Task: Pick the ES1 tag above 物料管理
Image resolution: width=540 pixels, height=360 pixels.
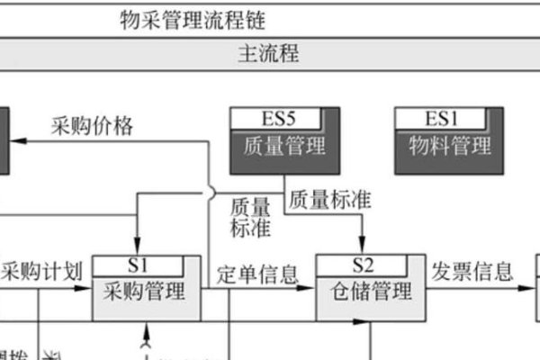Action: (x=442, y=118)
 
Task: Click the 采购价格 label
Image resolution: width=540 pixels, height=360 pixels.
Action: (x=92, y=126)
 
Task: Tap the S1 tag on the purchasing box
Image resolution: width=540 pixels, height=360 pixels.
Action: (x=138, y=265)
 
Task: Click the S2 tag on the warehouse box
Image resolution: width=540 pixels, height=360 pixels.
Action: (x=362, y=265)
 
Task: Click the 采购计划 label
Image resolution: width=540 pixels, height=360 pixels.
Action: (x=43, y=271)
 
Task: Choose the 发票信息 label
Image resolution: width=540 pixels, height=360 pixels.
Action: (x=472, y=270)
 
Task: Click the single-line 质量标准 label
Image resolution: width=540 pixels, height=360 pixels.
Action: (x=330, y=196)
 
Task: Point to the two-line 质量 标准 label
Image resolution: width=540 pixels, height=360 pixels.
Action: (x=250, y=217)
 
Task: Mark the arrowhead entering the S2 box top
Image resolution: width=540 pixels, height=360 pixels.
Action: (x=362, y=249)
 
